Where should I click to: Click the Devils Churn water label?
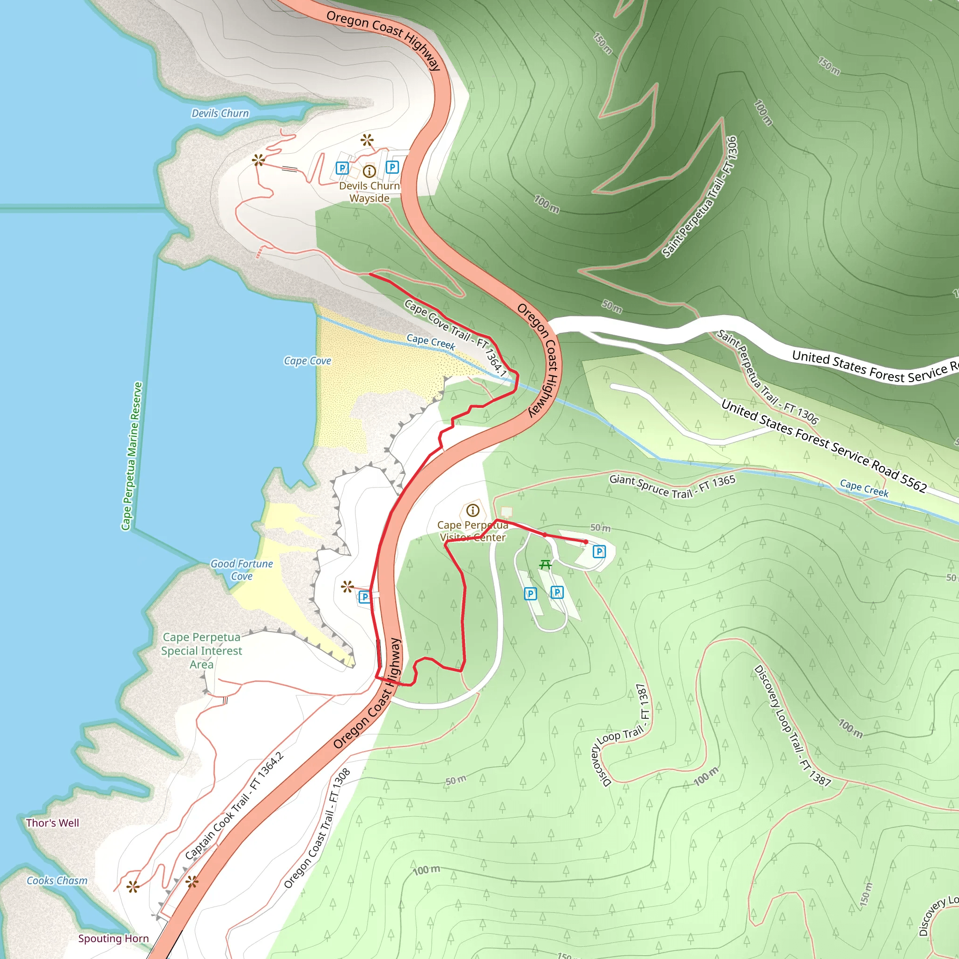point(220,113)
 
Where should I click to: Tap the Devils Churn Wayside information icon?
point(369,171)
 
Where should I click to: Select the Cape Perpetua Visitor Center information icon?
point(472,510)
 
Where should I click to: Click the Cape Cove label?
point(307,361)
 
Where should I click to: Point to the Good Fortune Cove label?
point(242,570)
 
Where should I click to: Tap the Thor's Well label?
point(52,822)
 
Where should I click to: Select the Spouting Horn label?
point(113,938)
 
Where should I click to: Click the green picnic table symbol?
point(546,564)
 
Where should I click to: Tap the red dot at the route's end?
point(586,542)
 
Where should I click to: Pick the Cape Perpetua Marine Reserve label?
point(132,456)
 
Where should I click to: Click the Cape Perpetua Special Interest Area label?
point(201,650)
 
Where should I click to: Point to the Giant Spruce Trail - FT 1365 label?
point(672,487)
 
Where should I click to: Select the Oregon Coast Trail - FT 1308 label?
point(317,827)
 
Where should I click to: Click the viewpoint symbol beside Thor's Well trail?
point(133,886)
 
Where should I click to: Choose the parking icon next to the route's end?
point(599,552)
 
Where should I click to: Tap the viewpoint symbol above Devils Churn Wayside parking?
point(367,140)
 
